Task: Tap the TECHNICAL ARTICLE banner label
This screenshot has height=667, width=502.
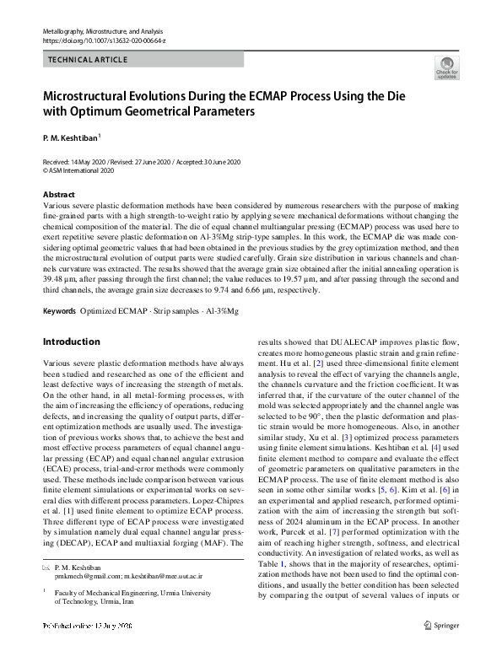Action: click(x=89, y=60)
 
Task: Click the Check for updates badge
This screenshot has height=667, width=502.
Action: click(x=446, y=69)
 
